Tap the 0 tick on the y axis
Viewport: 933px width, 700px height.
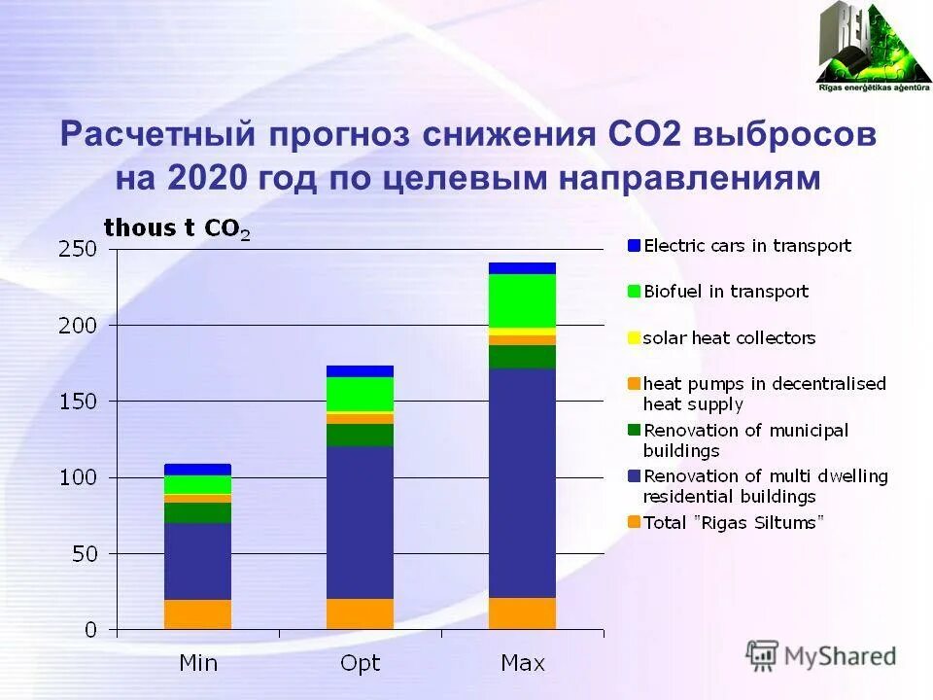91,630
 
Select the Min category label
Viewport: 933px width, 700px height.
198,664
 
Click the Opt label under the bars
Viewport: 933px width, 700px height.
361,664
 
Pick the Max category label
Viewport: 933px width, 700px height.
523,664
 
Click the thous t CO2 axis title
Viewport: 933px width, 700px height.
176,228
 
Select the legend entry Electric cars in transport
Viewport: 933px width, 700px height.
746,246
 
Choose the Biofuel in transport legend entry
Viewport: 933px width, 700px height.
725,292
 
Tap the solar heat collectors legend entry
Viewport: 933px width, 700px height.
729,338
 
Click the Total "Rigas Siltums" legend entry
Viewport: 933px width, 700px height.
733,522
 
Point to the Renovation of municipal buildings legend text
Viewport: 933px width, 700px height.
745,440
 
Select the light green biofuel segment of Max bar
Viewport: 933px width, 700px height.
523,301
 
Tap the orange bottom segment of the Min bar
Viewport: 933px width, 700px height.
198,614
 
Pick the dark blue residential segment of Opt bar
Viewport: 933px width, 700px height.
361,522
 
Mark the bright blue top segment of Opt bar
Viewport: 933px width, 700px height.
361,370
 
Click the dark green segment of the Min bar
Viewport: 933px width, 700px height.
198,512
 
